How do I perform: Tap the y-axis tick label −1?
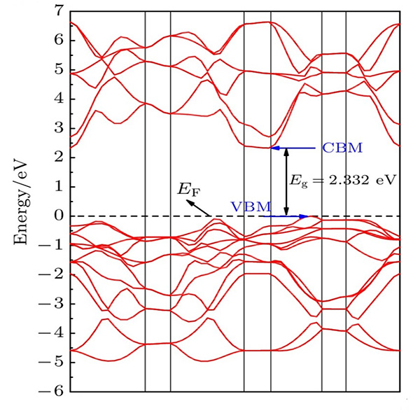click(x=55, y=245)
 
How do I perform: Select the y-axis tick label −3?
click(x=55, y=303)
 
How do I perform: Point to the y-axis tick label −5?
click(x=55, y=362)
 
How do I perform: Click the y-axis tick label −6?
click(x=55, y=391)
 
